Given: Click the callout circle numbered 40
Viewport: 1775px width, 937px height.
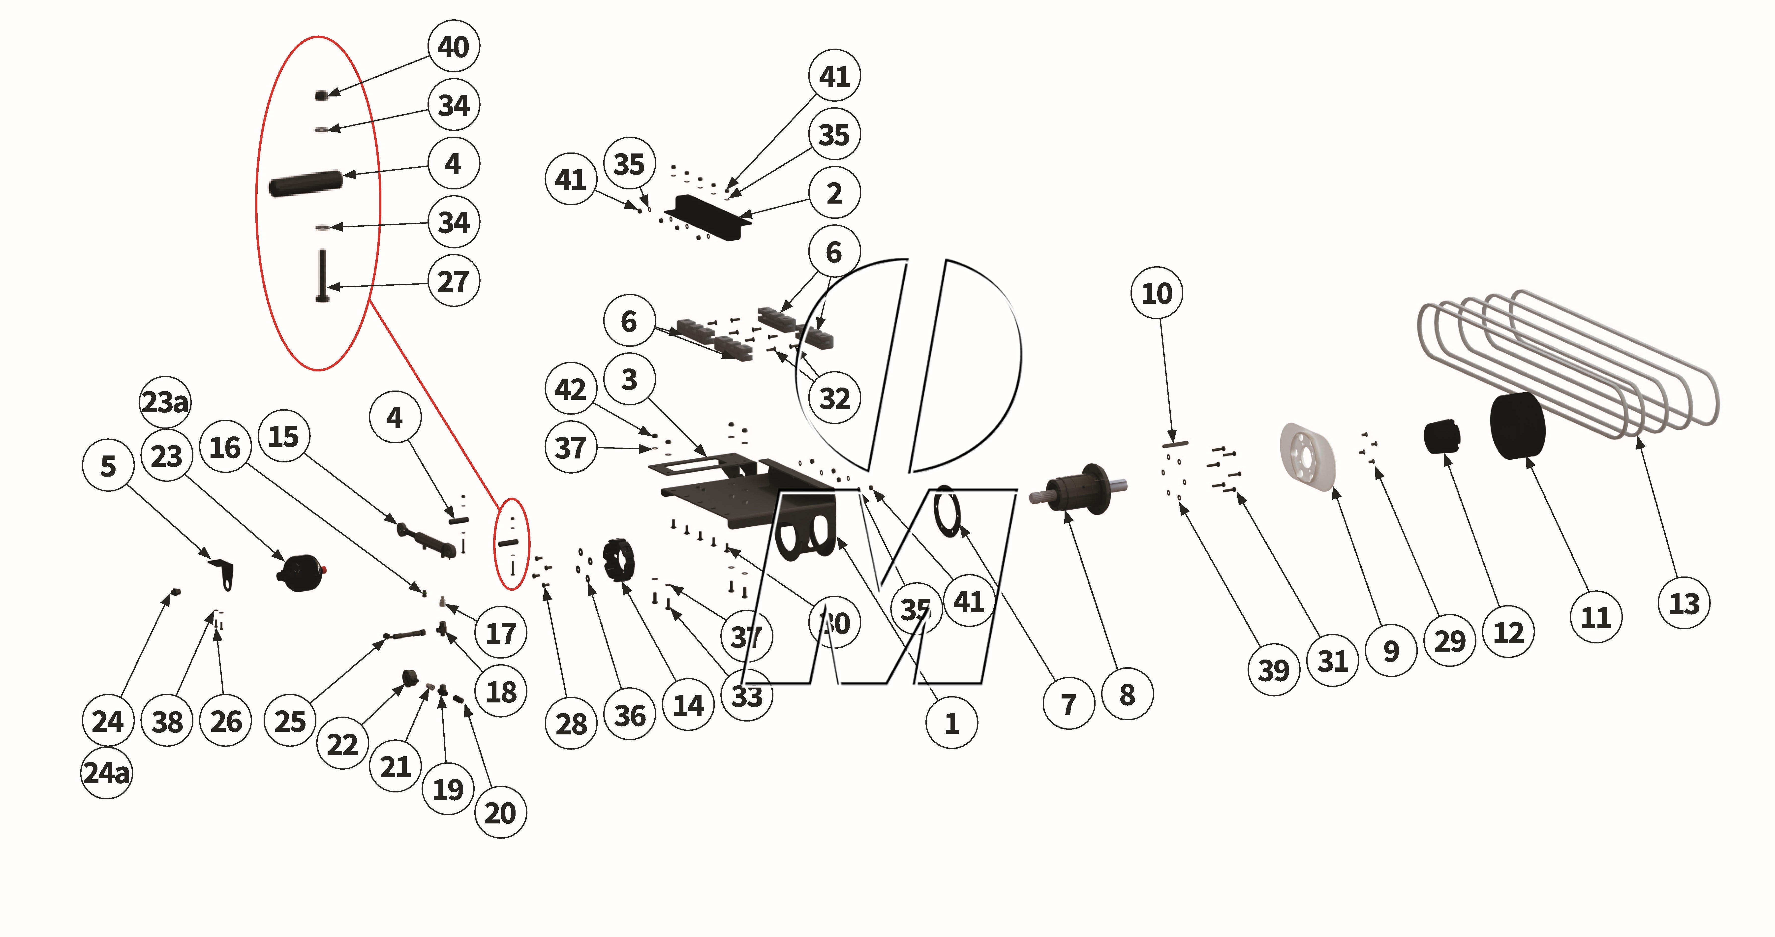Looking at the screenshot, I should pos(453,47).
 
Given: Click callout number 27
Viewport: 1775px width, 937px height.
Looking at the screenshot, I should pos(453,281).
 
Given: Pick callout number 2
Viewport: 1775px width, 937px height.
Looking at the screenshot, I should pos(834,193).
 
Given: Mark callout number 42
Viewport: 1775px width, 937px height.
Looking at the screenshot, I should pos(571,389).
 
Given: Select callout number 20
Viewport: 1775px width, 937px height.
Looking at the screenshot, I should pos(500,813).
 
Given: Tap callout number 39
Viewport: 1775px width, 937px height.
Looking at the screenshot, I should pos(1273,670).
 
